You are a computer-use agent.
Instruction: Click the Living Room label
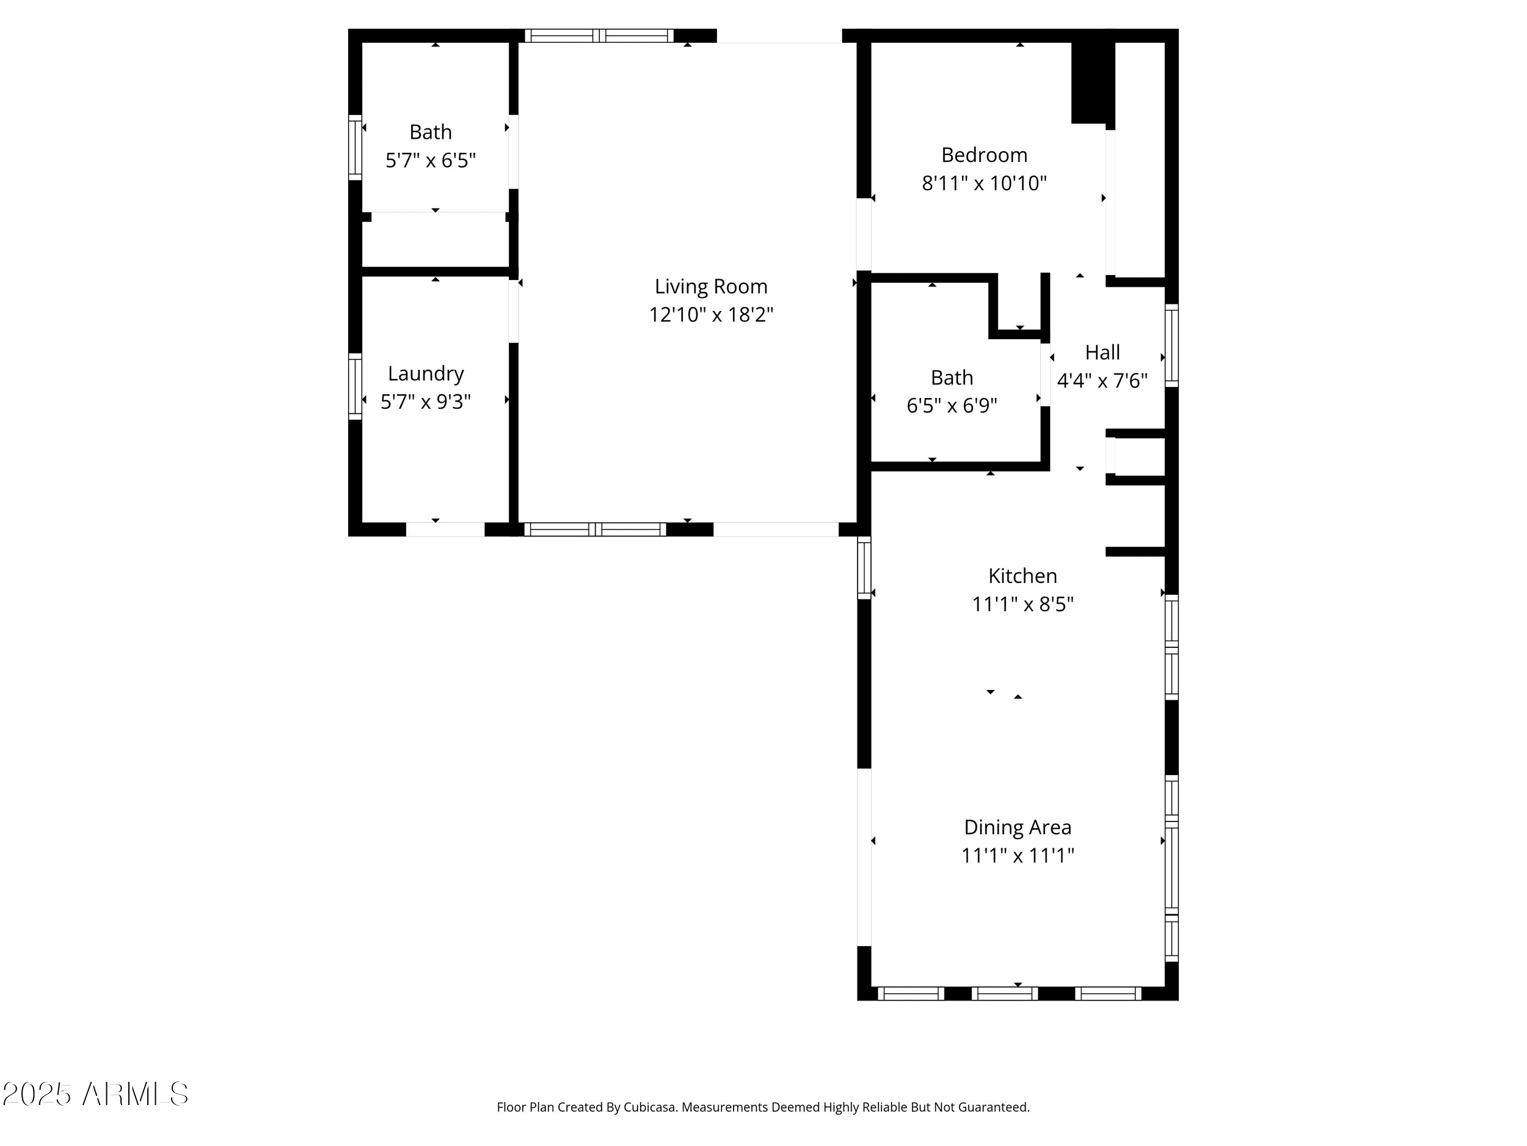(x=710, y=286)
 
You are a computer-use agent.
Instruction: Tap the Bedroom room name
(x=984, y=155)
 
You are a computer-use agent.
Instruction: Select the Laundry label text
(x=425, y=373)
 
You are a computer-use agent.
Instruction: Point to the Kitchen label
(x=1022, y=575)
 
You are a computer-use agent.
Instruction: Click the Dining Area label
(x=1018, y=827)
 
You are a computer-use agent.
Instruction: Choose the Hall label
(x=1102, y=352)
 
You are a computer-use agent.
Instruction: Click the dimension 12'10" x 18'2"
(x=710, y=315)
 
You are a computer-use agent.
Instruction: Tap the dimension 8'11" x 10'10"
(x=984, y=183)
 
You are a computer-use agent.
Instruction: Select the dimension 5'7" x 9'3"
(x=425, y=402)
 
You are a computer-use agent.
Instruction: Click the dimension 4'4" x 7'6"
(x=1102, y=381)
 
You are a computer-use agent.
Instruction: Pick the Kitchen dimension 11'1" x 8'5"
(x=1022, y=604)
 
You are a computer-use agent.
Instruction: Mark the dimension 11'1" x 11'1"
(x=1018, y=856)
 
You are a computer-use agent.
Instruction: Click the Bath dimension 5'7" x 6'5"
(x=430, y=161)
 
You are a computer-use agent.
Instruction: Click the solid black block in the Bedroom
(x=1093, y=79)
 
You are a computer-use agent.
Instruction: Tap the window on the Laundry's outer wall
(x=355, y=387)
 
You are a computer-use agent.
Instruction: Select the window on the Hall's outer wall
(x=1172, y=345)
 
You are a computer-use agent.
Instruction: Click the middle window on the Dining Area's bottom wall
(x=1004, y=993)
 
